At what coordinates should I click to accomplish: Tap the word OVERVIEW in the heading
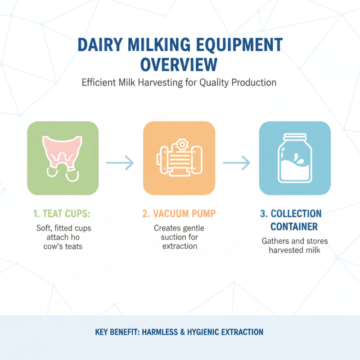tap(180, 64)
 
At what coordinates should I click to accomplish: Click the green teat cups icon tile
tap(63, 158)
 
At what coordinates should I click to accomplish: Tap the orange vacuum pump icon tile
tap(179, 158)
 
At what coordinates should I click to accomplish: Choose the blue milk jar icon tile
tap(295, 158)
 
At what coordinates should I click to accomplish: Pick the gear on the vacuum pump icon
tap(182, 144)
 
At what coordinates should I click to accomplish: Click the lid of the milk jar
tap(295, 137)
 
